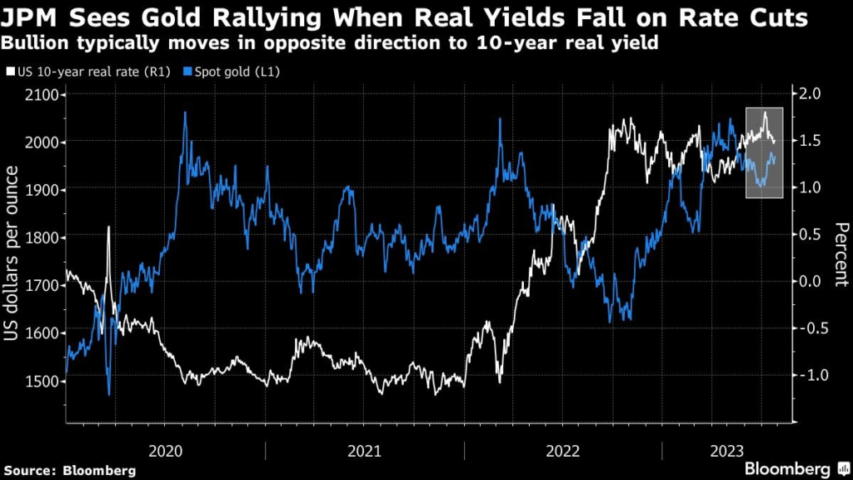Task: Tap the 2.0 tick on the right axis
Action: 809,94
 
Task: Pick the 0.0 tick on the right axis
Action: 809,282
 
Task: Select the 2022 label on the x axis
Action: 562,451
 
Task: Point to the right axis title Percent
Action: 839,254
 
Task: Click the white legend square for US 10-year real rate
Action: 10,73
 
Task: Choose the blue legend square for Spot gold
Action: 189,73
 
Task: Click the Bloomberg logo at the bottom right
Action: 786,469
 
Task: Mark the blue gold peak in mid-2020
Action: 184,113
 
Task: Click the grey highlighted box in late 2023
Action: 764,152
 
